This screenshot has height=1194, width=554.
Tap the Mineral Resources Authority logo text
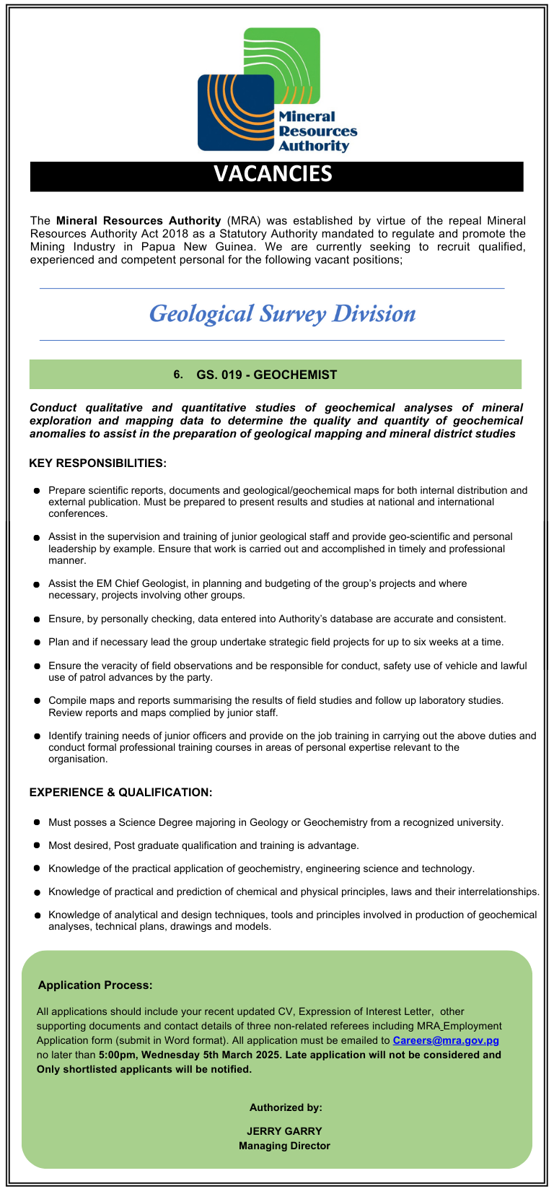coord(317,131)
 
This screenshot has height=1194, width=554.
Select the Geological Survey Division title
coord(282,314)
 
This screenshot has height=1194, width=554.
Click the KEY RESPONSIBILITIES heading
coord(98,463)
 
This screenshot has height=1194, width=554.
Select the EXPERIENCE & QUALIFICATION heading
coord(121,792)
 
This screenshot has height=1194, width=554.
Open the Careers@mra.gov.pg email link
coord(446,1040)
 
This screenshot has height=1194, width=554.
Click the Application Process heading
coord(95,985)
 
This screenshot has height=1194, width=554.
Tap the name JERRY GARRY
coord(284,1131)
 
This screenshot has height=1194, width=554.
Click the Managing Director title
coord(284,1146)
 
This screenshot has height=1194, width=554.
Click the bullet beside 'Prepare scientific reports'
coord(36,491)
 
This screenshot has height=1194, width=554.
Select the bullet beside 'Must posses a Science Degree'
coord(36,822)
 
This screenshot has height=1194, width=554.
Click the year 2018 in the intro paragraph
coord(172,234)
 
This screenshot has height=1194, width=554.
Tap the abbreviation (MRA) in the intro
coord(243,221)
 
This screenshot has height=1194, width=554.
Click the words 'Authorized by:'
coord(286,1107)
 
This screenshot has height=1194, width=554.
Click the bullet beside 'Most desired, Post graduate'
coord(36,845)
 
